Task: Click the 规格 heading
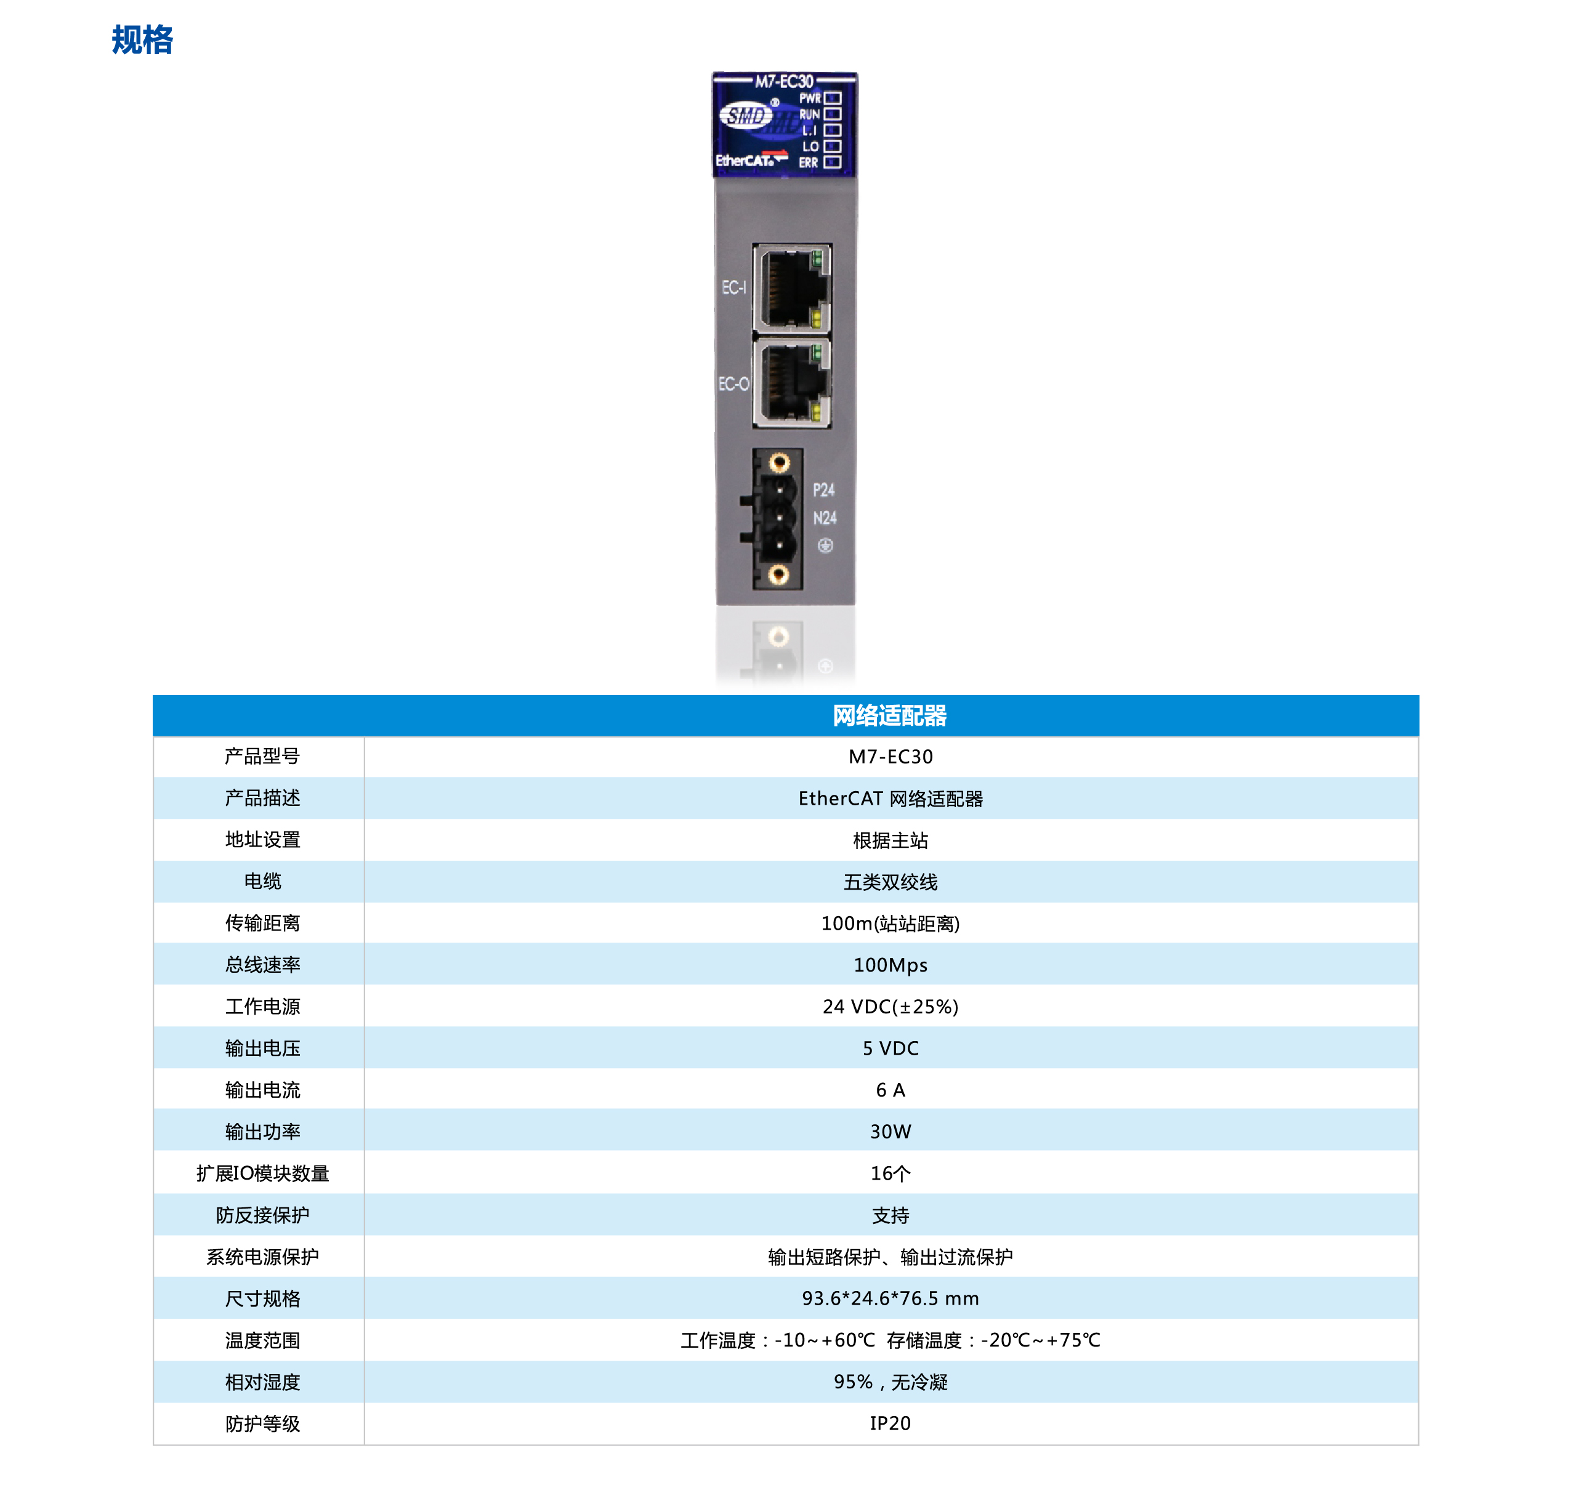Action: point(142,40)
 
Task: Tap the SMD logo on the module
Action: point(746,116)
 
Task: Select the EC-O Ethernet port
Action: point(791,384)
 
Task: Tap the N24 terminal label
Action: point(824,518)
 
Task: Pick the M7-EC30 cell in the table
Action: point(890,757)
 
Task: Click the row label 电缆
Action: point(262,881)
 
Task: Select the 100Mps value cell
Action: point(890,965)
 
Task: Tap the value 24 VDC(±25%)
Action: point(890,1007)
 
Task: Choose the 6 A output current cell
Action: point(890,1090)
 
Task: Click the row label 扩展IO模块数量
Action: point(262,1173)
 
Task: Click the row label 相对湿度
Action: point(262,1382)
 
